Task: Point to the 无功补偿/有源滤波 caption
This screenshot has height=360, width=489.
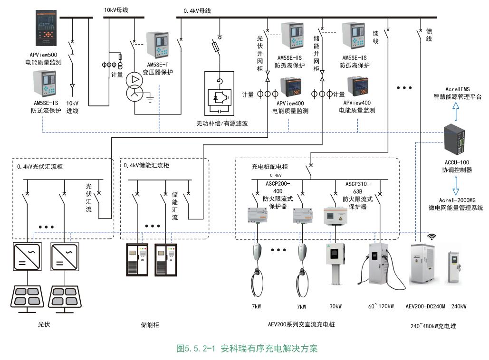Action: (x=222, y=123)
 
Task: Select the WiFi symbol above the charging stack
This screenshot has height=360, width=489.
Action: (x=432, y=236)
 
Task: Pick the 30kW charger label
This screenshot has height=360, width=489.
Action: (x=335, y=306)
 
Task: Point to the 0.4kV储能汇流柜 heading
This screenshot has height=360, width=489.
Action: (x=146, y=166)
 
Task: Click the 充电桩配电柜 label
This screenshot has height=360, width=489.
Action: (x=269, y=167)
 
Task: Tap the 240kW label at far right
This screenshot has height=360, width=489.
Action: (x=459, y=306)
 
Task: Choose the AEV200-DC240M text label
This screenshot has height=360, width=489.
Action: (x=425, y=306)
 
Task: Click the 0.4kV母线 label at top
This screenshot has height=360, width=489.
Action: (x=197, y=10)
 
